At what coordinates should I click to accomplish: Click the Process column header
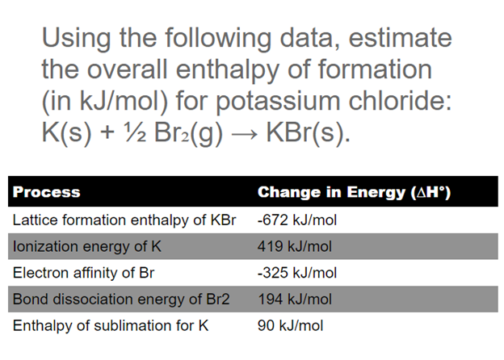click(46, 192)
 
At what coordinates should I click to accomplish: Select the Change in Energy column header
click(353, 192)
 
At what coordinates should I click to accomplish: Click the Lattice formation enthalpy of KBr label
click(124, 220)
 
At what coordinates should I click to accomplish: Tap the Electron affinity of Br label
click(83, 273)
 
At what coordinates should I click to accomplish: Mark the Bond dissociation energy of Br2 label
click(121, 299)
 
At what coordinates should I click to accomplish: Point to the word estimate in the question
click(393, 39)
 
